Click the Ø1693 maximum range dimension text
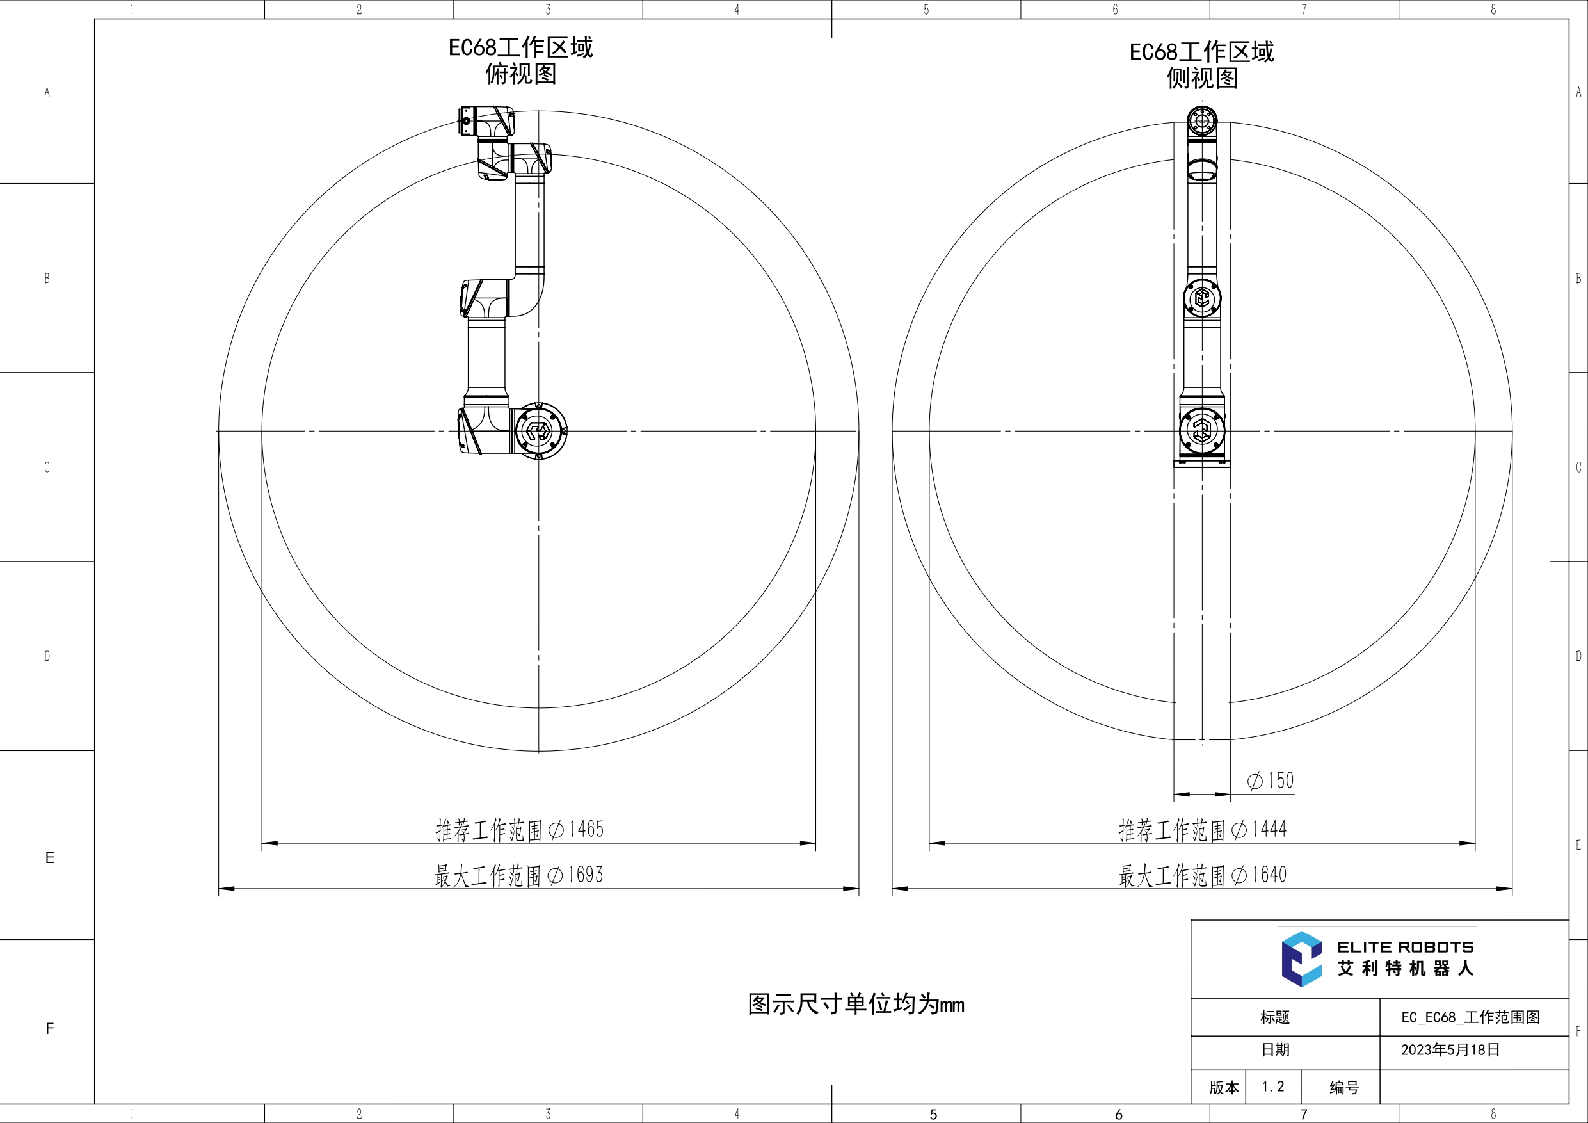(x=518, y=875)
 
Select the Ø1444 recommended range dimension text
(x=1202, y=829)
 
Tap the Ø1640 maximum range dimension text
(x=1202, y=875)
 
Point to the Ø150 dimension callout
(x=1270, y=780)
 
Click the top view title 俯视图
(x=520, y=74)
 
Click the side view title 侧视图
(x=1202, y=78)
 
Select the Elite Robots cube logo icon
(x=1301, y=959)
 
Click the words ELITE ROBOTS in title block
(x=1405, y=947)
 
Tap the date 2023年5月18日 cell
(x=1450, y=1049)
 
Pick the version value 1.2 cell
(x=1272, y=1087)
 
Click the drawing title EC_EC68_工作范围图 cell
(x=1470, y=1017)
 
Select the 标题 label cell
(x=1274, y=1017)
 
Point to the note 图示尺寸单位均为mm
(x=856, y=1004)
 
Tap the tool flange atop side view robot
(x=1202, y=122)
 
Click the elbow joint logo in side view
(x=1202, y=298)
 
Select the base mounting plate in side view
(x=1202, y=463)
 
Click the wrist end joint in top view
(x=486, y=122)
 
